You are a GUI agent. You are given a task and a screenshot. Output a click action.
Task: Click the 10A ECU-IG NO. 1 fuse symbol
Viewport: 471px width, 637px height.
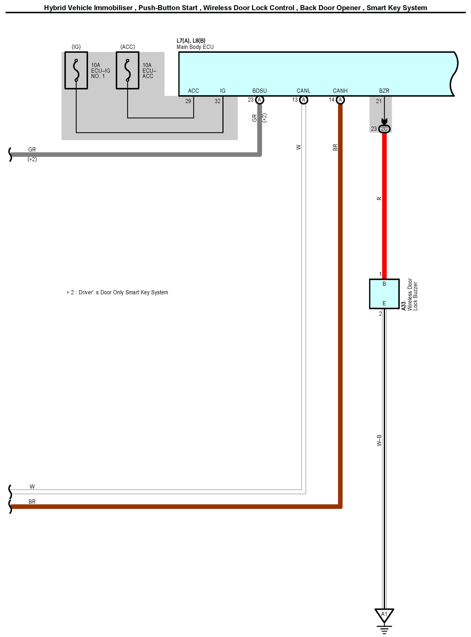tap(76, 70)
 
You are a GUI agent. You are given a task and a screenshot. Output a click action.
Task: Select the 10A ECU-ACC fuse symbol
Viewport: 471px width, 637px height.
tap(128, 70)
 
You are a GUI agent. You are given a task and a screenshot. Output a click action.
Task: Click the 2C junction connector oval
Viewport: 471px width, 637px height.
tap(384, 129)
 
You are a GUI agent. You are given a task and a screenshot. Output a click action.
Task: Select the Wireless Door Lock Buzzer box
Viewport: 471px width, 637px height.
tap(384, 294)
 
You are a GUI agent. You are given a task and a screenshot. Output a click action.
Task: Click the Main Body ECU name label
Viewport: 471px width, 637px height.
tap(195, 47)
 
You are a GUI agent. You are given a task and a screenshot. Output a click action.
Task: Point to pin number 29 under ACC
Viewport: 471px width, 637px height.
tap(188, 101)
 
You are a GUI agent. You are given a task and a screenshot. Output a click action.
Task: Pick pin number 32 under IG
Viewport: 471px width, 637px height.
tap(217, 101)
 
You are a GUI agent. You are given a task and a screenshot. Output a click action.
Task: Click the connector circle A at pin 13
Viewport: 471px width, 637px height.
tap(304, 100)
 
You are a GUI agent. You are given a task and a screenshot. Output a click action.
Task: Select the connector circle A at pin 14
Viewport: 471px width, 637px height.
tap(340, 100)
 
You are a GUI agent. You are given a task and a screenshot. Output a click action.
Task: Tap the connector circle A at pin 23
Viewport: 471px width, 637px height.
tap(260, 100)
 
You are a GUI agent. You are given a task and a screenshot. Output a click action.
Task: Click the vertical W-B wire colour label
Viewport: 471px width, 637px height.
tap(379, 440)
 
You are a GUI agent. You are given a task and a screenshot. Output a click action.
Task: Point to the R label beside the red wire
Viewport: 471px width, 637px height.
tap(379, 199)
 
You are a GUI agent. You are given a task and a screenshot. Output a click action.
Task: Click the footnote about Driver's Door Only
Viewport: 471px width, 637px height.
tap(117, 293)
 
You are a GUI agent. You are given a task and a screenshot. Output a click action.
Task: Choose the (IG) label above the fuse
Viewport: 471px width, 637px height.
tap(76, 47)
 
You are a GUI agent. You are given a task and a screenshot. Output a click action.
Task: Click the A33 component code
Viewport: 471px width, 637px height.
tap(403, 306)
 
